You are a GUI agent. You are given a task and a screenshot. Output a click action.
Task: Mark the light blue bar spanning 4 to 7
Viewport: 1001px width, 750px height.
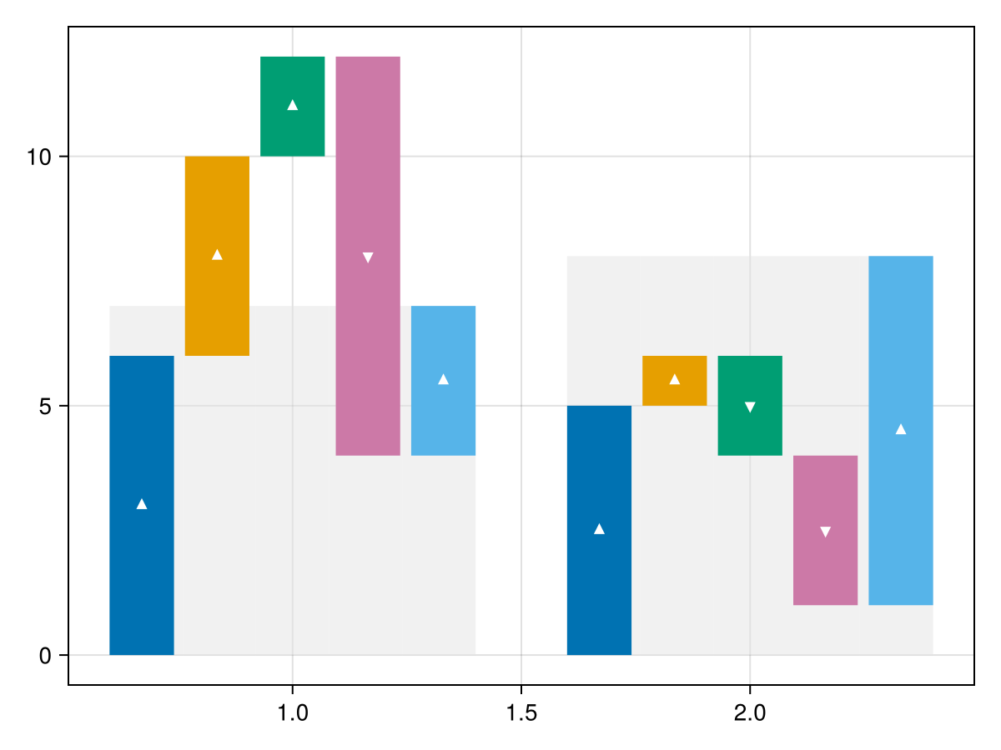click(443, 417)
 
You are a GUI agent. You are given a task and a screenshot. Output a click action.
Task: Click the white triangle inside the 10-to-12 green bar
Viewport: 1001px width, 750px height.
click(292, 105)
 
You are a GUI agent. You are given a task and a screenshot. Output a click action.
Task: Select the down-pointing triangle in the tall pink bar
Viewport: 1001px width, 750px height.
click(368, 257)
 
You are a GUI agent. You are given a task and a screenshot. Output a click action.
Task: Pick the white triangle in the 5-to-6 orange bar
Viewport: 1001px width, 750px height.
click(674, 380)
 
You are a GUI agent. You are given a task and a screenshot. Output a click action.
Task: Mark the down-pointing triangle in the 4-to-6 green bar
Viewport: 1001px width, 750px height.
click(750, 407)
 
